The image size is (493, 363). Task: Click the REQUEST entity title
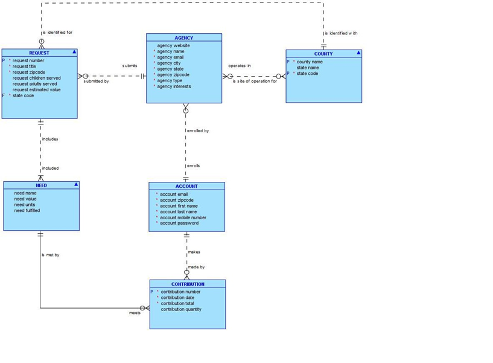click(39, 53)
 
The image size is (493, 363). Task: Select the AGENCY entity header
click(184, 38)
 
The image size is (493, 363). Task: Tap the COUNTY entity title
click(323, 54)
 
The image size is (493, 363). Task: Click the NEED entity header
click(41, 185)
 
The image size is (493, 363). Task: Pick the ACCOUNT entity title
click(186, 187)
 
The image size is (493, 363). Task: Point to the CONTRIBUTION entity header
click(188, 284)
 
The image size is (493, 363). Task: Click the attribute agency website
click(173, 46)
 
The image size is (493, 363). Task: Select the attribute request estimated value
click(36, 90)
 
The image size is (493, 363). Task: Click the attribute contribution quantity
click(181, 309)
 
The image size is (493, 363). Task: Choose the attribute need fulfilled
click(27, 211)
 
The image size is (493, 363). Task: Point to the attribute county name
click(310, 62)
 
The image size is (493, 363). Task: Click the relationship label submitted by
click(97, 81)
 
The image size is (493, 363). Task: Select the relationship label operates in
click(240, 66)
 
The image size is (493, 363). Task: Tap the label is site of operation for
click(255, 81)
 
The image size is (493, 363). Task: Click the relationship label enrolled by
click(198, 130)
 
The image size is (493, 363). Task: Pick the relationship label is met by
click(51, 255)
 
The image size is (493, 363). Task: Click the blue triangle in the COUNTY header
click(358, 53)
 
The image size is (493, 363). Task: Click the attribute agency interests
click(174, 86)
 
